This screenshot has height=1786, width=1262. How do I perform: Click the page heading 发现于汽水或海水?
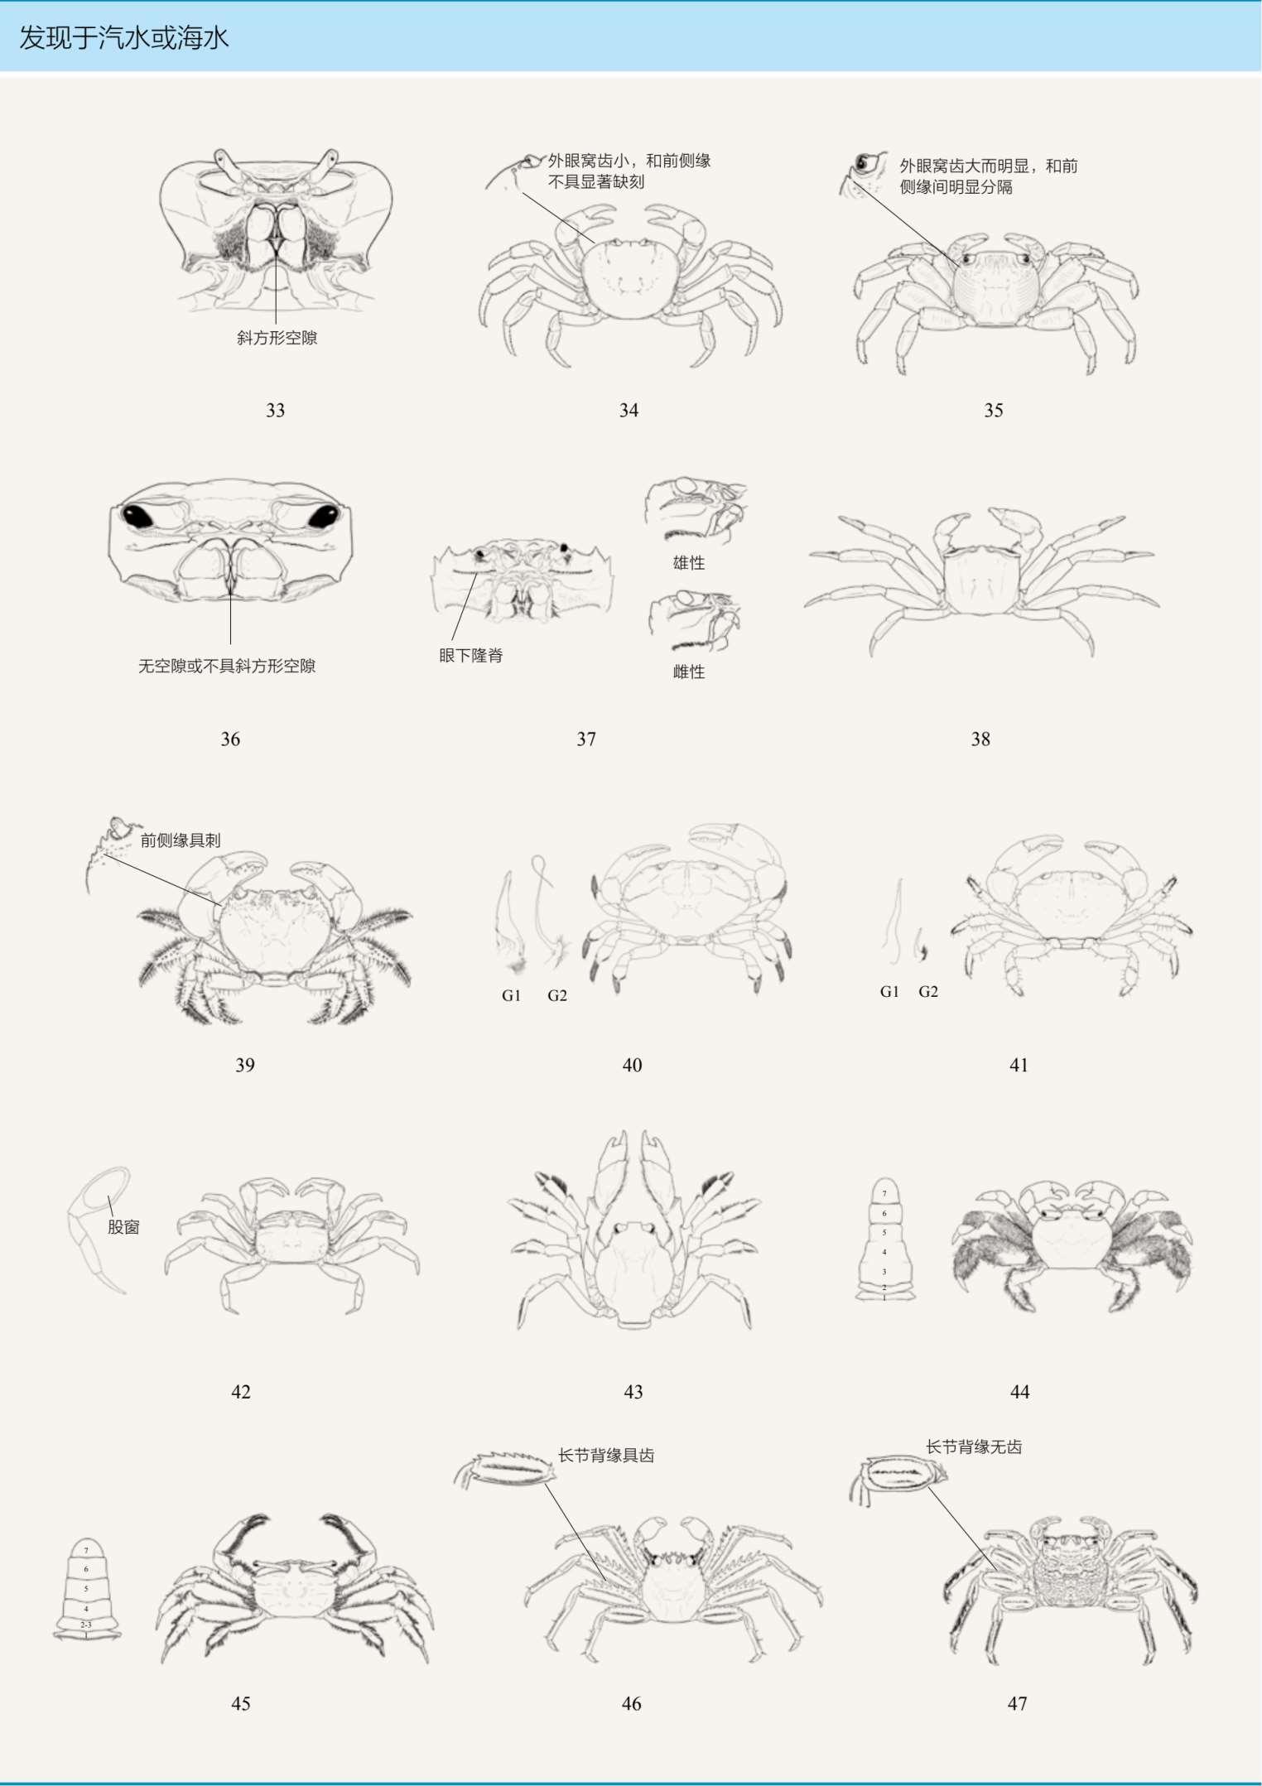[x=123, y=38]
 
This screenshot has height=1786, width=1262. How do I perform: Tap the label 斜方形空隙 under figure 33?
[x=277, y=338]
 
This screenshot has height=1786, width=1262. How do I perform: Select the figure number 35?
[x=993, y=410]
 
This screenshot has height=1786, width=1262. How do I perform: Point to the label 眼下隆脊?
[x=470, y=656]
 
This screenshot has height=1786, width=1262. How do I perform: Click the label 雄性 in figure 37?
[x=688, y=563]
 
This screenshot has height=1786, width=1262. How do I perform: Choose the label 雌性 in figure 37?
[x=688, y=672]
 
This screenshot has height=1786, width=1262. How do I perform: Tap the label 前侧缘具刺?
[x=181, y=840]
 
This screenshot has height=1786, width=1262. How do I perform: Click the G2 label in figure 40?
[x=557, y=995]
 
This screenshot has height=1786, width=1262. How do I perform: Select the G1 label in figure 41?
[x=889, y=991]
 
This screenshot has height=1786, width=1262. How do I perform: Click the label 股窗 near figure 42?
[x=123, y=1227]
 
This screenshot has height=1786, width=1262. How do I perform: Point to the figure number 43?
[x=633, y=1392]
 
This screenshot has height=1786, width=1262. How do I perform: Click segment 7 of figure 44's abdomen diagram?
[x=884, y=1192]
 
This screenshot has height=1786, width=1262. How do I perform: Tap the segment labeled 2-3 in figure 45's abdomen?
[x=86, y=1625]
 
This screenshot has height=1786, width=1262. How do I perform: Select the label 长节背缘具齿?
[x=606, y=1456]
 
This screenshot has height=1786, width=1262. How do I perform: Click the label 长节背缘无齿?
[x=974, y=1447]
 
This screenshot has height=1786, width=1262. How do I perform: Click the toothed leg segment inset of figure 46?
[x=505, y=1471]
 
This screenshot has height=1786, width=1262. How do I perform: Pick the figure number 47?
[x=1017, y=1703]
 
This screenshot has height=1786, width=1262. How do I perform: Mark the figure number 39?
[x=245, y=1065]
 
